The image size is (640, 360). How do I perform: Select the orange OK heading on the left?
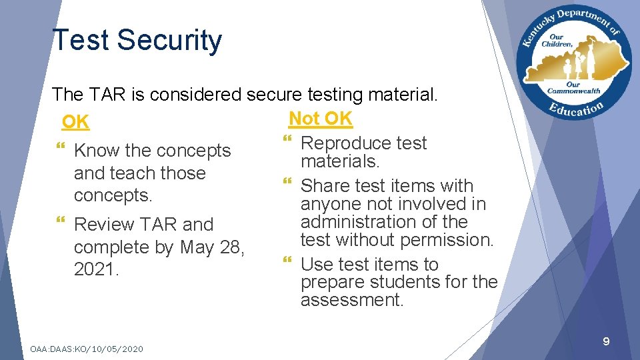(x=75, y=122)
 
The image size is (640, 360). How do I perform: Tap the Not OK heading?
(x=320, y=119)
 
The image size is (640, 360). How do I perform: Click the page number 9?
(x=606, y=342)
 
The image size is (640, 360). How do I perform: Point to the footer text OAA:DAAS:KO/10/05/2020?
(x=87, y=349)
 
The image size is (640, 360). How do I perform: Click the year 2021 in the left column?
(x=97, y=270)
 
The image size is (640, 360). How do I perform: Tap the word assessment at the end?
(x=352, y=300)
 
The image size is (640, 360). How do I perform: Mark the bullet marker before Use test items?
(x=288, y=265)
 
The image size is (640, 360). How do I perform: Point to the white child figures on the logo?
(x=574, y=64)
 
